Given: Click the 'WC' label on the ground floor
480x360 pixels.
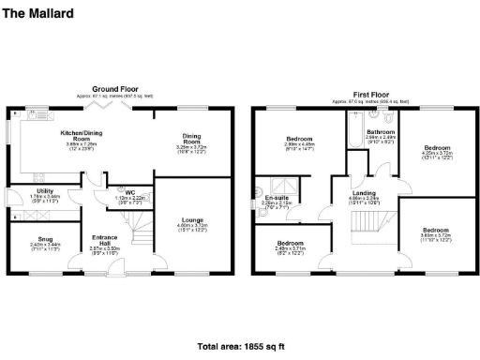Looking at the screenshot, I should point(129,192).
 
